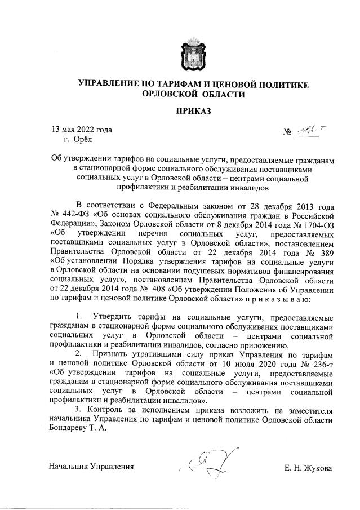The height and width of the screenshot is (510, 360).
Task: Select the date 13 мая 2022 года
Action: click(82, 129)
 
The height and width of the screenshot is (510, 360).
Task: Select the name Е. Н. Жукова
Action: click(309, 467)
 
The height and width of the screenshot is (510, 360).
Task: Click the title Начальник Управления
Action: click(91, 467)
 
